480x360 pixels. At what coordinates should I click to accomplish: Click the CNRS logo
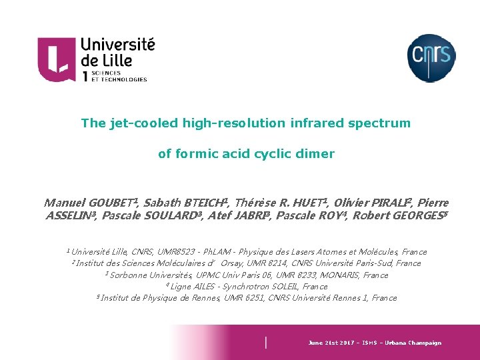point(431,58)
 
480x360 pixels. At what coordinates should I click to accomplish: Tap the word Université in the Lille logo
point(117,45)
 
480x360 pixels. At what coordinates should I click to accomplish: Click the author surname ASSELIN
point(69,216)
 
